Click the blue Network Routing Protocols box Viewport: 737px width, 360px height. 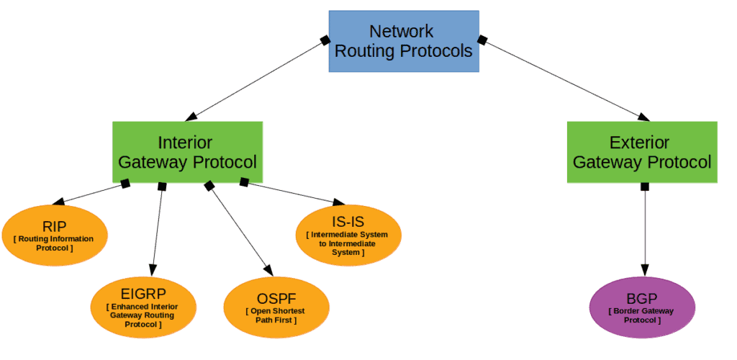pos(404,41)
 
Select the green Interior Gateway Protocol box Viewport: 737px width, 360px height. pos(187,152)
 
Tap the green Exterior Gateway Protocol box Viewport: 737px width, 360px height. pos(642,152)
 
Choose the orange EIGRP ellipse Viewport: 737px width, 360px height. pos(143,307)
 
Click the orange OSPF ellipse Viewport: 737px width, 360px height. pos(276,307)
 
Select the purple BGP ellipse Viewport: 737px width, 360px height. pos(642,307)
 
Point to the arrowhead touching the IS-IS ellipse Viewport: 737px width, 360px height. pos(338,203)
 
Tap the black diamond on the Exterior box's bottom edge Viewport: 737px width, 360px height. pos(645,186)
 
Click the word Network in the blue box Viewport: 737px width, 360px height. pos(402,32)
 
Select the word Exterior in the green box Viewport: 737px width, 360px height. pos(639,143)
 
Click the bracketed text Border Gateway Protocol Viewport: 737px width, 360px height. pos(642,315)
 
